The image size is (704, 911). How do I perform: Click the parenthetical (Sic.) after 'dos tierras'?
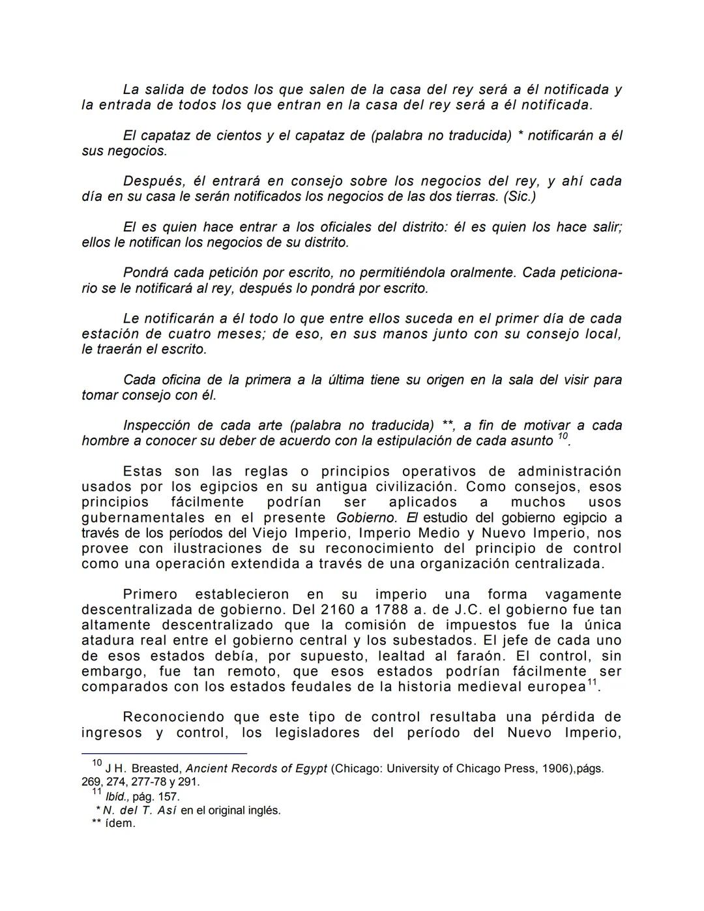[519, 196]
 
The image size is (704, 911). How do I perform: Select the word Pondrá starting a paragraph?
[146, 273]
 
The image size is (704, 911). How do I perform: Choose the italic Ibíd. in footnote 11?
[117, 797]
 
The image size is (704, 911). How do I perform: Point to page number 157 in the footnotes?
[169, 797]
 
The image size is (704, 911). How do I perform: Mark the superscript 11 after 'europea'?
[592, 683]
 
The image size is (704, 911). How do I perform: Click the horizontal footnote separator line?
[164, 753]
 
